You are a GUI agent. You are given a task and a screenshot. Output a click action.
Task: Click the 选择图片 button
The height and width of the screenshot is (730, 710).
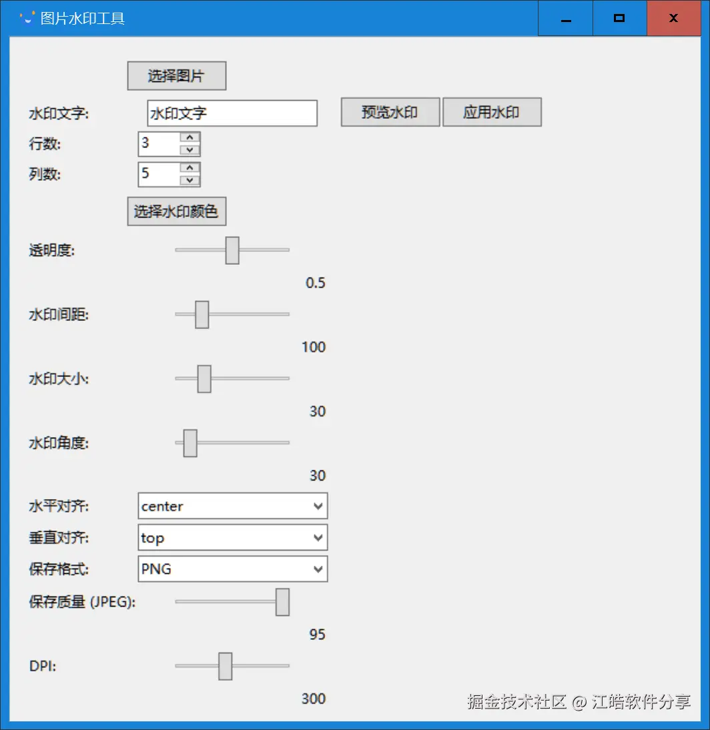pyautogui.click(x=177, y=76)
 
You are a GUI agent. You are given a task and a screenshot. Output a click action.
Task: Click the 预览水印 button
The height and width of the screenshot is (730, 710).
pyautogui.click(x=390, y=112)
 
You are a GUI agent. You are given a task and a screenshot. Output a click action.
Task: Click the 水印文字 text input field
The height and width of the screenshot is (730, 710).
pyautogui.click(x=232, y=113)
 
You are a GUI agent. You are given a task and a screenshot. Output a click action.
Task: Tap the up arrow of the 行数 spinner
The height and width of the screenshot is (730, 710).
pyautogui.click(x=190, y=137)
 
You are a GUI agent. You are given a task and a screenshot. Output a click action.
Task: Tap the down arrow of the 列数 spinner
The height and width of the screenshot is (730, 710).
pyautogui.click(x=190, y=180)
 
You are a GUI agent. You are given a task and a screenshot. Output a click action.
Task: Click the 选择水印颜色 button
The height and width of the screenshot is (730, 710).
pyautogui.click(x=177, y=212)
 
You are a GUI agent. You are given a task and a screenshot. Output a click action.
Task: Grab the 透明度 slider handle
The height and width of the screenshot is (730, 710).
pyautogui.click(x=232, y=250)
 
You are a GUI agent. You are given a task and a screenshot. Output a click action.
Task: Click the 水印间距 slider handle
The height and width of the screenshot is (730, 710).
pyautogui.click(x=202, y=314)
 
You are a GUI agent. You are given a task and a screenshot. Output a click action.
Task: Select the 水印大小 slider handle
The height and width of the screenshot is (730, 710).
pyautogui.click(x=204, y=378)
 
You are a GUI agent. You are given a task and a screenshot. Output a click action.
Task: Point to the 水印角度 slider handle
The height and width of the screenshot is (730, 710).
pyautogui.click(x=190, y=443)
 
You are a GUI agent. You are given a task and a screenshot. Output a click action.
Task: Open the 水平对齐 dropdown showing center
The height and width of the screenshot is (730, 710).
pyautogui.click(x=232, y=506)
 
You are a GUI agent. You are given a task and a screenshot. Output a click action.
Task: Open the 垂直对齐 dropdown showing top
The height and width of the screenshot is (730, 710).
pyautogui.click(x=232, y=538)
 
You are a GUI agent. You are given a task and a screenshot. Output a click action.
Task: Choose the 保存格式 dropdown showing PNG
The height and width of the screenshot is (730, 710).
pyautogui.click(x=232, y=569)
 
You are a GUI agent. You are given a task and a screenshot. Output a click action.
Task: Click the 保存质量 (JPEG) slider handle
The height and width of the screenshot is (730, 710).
pyautogui.click(x=282, y=602)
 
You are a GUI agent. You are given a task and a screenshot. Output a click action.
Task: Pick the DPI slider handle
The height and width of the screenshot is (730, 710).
pyautogui.click(x=226, y=666)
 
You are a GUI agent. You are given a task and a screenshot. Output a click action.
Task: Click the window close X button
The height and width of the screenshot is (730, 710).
pyautogui.click(x=673, y=19)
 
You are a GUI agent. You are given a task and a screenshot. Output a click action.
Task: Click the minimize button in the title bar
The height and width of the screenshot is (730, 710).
pyautogui.click(x=566, y=19)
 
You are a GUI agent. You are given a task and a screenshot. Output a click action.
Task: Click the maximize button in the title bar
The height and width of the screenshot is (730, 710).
pyautogui.click(x=619, y=19)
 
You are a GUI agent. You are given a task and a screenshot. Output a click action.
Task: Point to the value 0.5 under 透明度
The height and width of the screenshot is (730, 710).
pyautogui.click(x=315, y=283)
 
